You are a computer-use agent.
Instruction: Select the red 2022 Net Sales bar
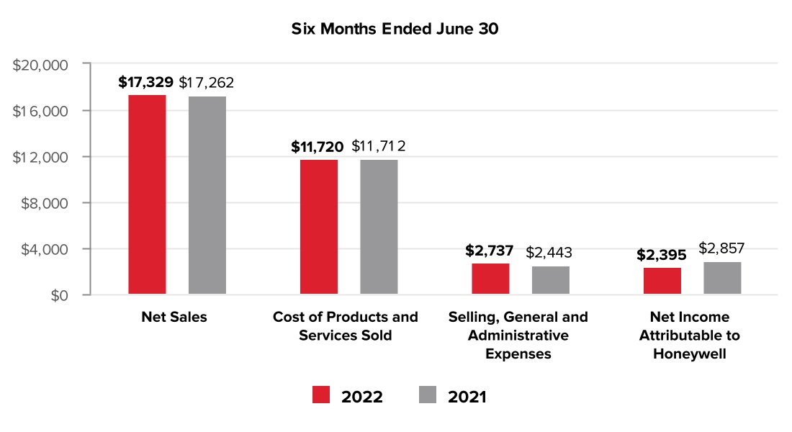pyautogui.click(x=147, y=194)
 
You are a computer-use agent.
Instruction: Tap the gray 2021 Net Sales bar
pyautogui.click(x=207, y=195)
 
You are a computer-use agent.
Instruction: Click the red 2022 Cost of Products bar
pyautogui.click(x=319, y=227)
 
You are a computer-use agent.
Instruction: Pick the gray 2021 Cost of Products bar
pyautogui.click(x=379, y=227)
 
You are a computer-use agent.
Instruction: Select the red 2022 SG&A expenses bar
pyautogui.click(x=490, y=279)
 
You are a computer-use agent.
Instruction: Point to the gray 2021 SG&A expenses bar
pyautogui.click(x=551, y=280)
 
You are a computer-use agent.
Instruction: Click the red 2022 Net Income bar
pyautogui.click(x=662, y=281)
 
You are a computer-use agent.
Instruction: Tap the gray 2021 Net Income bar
pyautogui.click(x=722, y=278)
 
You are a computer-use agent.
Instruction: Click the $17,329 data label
pyautogui.click(x=145, y=82)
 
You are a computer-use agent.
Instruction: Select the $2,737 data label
pyautogui.click(x=490, y=251)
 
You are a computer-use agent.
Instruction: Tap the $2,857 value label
pyautogui.click(x=721, y=249)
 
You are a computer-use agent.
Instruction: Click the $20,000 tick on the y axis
pyautogui.click(x=40, y=65)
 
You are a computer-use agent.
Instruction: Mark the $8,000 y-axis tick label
pyautogui.click(x=43, y=203)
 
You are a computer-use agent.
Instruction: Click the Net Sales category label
pyautogui.click(x=174, y=318)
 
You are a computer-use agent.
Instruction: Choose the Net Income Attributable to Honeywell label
pyautogui.click(x=690, y=336)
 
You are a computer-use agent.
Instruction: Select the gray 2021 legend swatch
pyautogui.click(x=428, y=395)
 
